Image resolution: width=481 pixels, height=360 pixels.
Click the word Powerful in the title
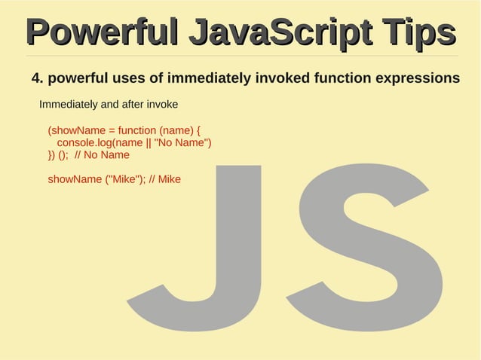click(x=100, y=32)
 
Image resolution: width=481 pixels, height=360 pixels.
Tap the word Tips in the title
click(x=417, y=32)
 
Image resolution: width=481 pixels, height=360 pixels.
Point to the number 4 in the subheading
click(x=35, y=78)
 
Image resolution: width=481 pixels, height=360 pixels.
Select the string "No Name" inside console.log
click(x=181, y=142)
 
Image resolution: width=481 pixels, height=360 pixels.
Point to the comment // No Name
click(x=102, y=155)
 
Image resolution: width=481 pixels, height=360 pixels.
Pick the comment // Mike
click(x=165, y=180)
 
